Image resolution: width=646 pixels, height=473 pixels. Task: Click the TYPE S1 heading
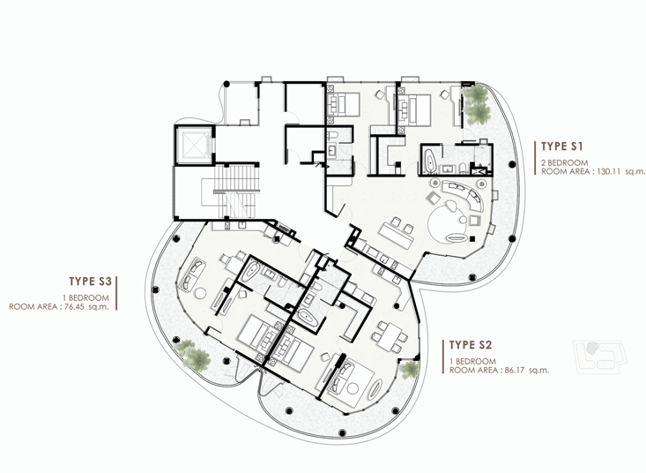(x=561, y=146)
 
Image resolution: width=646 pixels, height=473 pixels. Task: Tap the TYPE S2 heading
(x=471, y=345)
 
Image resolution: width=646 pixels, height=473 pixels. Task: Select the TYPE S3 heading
(x=90, y=282)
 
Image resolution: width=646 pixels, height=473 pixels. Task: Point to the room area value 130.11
(x=608, y=171)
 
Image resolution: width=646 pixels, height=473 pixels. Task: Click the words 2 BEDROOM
(x=564, y=162)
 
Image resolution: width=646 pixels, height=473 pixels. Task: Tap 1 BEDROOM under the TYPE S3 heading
(x=85, y=297)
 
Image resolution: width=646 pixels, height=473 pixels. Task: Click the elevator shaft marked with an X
(x=193, y=145)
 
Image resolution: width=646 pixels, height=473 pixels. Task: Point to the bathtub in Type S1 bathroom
(x=430, y=161)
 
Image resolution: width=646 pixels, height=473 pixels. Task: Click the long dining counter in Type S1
(x=396, y=235)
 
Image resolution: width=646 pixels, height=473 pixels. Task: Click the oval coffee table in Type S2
(x=375, y=389)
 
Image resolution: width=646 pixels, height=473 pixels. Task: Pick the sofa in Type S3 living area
(x=192, y=274)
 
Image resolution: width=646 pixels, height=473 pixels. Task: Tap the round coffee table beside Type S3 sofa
(x=200, y=293)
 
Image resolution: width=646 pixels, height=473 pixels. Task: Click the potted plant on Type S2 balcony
(x=410, y=370)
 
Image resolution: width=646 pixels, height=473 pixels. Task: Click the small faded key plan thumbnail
(x=599, y=357)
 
